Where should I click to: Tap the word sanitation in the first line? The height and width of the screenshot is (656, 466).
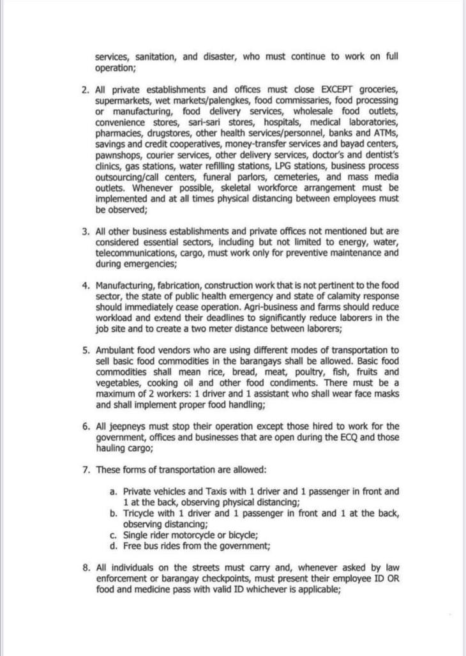(x=153, y=57)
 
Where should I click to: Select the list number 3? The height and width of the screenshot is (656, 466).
(x=86, y=232)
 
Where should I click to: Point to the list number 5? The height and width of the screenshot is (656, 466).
(x=86, y=351)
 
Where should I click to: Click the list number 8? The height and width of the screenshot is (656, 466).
(x=86, y=568)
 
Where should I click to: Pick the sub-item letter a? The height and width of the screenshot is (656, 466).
(x=113, y=492)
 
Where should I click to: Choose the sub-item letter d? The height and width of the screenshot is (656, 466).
(x=113, y=546)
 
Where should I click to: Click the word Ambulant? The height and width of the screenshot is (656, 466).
(x=116, y=351)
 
